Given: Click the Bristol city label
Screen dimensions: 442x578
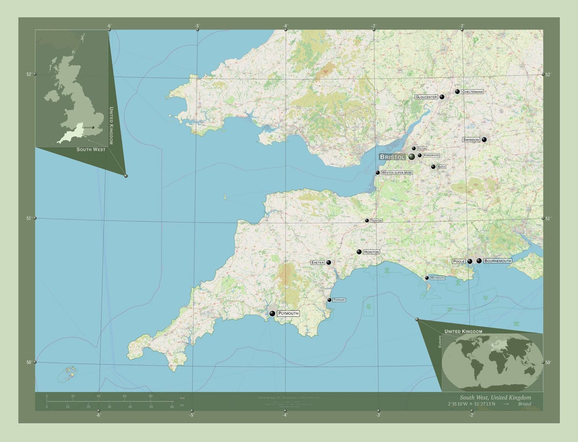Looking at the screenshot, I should click(392, 157).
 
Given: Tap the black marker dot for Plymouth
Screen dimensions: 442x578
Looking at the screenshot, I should click(272, 313).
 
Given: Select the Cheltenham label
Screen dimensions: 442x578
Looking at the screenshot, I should click(472, 92).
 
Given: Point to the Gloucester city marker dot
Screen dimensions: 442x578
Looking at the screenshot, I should click(442, 97).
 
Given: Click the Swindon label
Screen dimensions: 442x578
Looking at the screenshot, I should click(471, 139).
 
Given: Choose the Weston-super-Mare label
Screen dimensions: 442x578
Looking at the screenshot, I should click(397, 173).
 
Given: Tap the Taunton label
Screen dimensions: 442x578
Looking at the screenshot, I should click(376, 221).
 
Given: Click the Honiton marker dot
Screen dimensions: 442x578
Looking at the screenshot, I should click(359, 252).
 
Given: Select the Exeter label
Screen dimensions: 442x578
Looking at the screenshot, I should click(318, 262).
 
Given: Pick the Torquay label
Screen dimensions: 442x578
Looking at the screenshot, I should click(339, 300).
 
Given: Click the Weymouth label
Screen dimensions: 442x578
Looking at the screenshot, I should click(437, 278).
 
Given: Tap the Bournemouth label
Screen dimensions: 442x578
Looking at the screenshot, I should click(497, 261).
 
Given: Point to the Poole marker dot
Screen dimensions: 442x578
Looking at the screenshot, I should click(470, 261).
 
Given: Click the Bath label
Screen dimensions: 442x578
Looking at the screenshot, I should click(441, 167).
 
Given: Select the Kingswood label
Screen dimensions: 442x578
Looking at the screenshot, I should click(431, 155).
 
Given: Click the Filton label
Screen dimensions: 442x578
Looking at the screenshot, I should click(422, 148).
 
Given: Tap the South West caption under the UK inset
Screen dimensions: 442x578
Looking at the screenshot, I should click(91, 150).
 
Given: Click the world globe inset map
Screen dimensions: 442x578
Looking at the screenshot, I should click(492, 362).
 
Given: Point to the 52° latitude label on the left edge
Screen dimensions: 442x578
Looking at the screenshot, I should click(29, 74).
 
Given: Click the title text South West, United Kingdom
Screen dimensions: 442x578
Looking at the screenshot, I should click(495, 397).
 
